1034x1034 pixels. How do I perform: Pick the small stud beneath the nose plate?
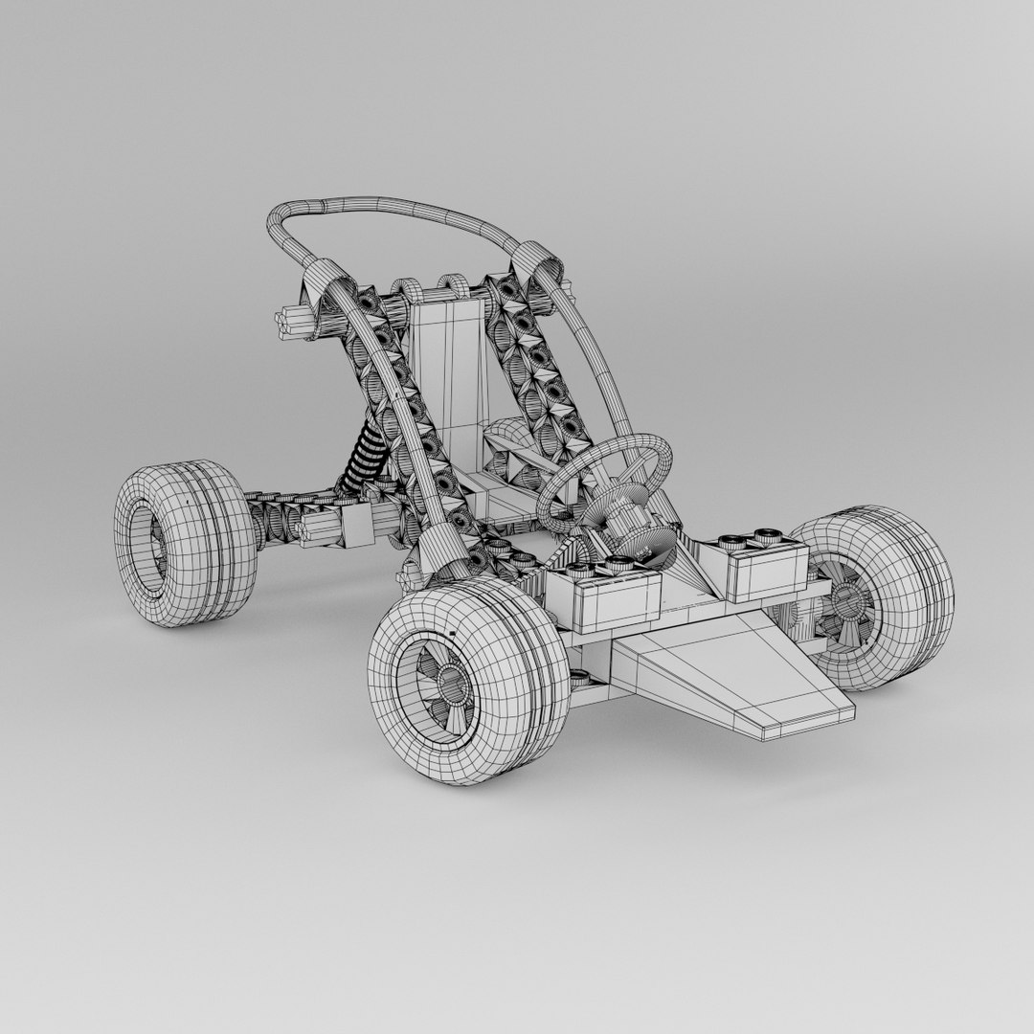pyautogui.click(x=579, y=679)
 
